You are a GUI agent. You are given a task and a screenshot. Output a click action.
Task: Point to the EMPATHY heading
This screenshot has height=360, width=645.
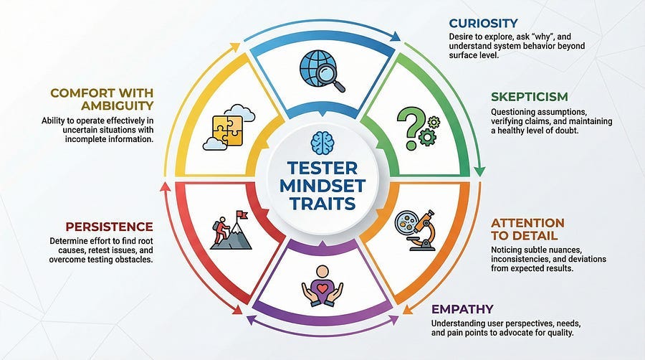pos(462,309)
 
